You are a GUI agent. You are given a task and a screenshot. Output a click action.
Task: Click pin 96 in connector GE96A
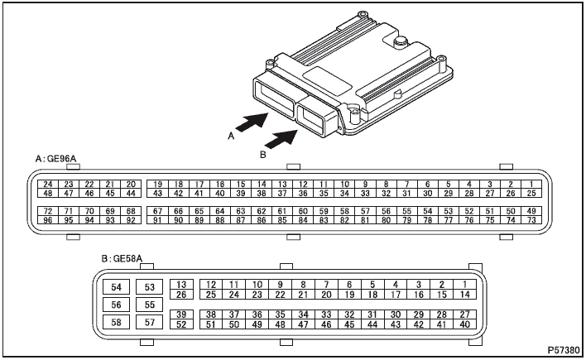coord(48,220)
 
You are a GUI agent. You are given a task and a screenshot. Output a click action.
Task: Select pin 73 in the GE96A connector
coord(531,220)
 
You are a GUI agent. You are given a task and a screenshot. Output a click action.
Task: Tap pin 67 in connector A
coord(158,211)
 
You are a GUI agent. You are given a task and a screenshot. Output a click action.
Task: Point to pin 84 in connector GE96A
coord(303,220)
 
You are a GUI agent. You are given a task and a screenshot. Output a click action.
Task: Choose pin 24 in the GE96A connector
coord(48,185)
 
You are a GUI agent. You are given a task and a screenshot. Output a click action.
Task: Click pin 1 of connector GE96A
coord(531,185)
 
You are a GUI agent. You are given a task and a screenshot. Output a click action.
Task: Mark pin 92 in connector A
coord(131,220)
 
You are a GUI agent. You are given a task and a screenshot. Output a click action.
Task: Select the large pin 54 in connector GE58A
coord(116,287)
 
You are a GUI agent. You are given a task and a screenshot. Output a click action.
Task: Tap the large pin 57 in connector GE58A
coord(150,322)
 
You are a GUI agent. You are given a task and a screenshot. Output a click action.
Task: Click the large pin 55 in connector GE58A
coord(150,305)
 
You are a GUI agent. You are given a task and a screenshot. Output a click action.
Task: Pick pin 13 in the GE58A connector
coord(181,285)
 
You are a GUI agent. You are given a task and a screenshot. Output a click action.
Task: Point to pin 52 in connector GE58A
coord(181,324)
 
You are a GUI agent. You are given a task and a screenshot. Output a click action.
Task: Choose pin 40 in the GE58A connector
coord(465,324)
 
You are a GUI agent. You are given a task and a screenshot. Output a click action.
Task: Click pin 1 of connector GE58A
coord(465,285)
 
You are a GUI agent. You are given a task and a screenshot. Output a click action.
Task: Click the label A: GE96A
coord(55,159)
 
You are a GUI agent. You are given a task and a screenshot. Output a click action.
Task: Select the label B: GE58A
coord(122,258)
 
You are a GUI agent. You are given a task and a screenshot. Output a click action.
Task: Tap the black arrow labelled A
coord(252,122)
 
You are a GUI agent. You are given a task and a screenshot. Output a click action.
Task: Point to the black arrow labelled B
coord(281,139)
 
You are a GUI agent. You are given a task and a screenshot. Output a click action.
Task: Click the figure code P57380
coord(564,350)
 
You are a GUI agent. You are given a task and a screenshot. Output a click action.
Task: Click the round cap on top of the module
coord(401,41)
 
